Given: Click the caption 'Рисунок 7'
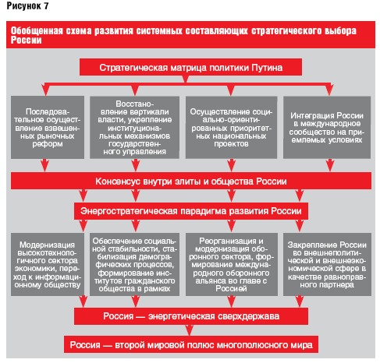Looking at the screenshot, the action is tap(27, 6).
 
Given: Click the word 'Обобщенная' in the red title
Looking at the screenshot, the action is tap(37, 30).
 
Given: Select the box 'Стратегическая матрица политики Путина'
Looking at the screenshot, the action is tap(190, 67).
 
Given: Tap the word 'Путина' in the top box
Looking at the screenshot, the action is tap(267, 68).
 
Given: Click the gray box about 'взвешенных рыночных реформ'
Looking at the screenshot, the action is tap(48, 127).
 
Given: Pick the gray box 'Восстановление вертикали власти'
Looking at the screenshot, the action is tap(134, 127).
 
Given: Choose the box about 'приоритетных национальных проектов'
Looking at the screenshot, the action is tap(231, 127).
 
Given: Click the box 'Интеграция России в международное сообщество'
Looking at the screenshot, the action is tap(327, 127).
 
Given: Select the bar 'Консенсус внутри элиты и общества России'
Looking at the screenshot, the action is tap(191, 181).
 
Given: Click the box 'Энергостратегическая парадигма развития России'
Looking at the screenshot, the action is tap(191, 211).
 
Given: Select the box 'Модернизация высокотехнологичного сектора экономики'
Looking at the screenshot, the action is tap(48, 264).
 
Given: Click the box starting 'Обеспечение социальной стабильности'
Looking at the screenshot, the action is tap(134, 264).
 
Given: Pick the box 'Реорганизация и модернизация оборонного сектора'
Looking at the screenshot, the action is tap(232, 264).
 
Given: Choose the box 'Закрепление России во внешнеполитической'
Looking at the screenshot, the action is tap(327, 264).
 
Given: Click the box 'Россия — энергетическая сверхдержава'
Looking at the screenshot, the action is tap(191, 316).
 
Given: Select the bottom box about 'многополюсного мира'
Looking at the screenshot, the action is tap(191, 344).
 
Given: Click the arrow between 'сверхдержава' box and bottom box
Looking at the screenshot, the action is tap(190, 330).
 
